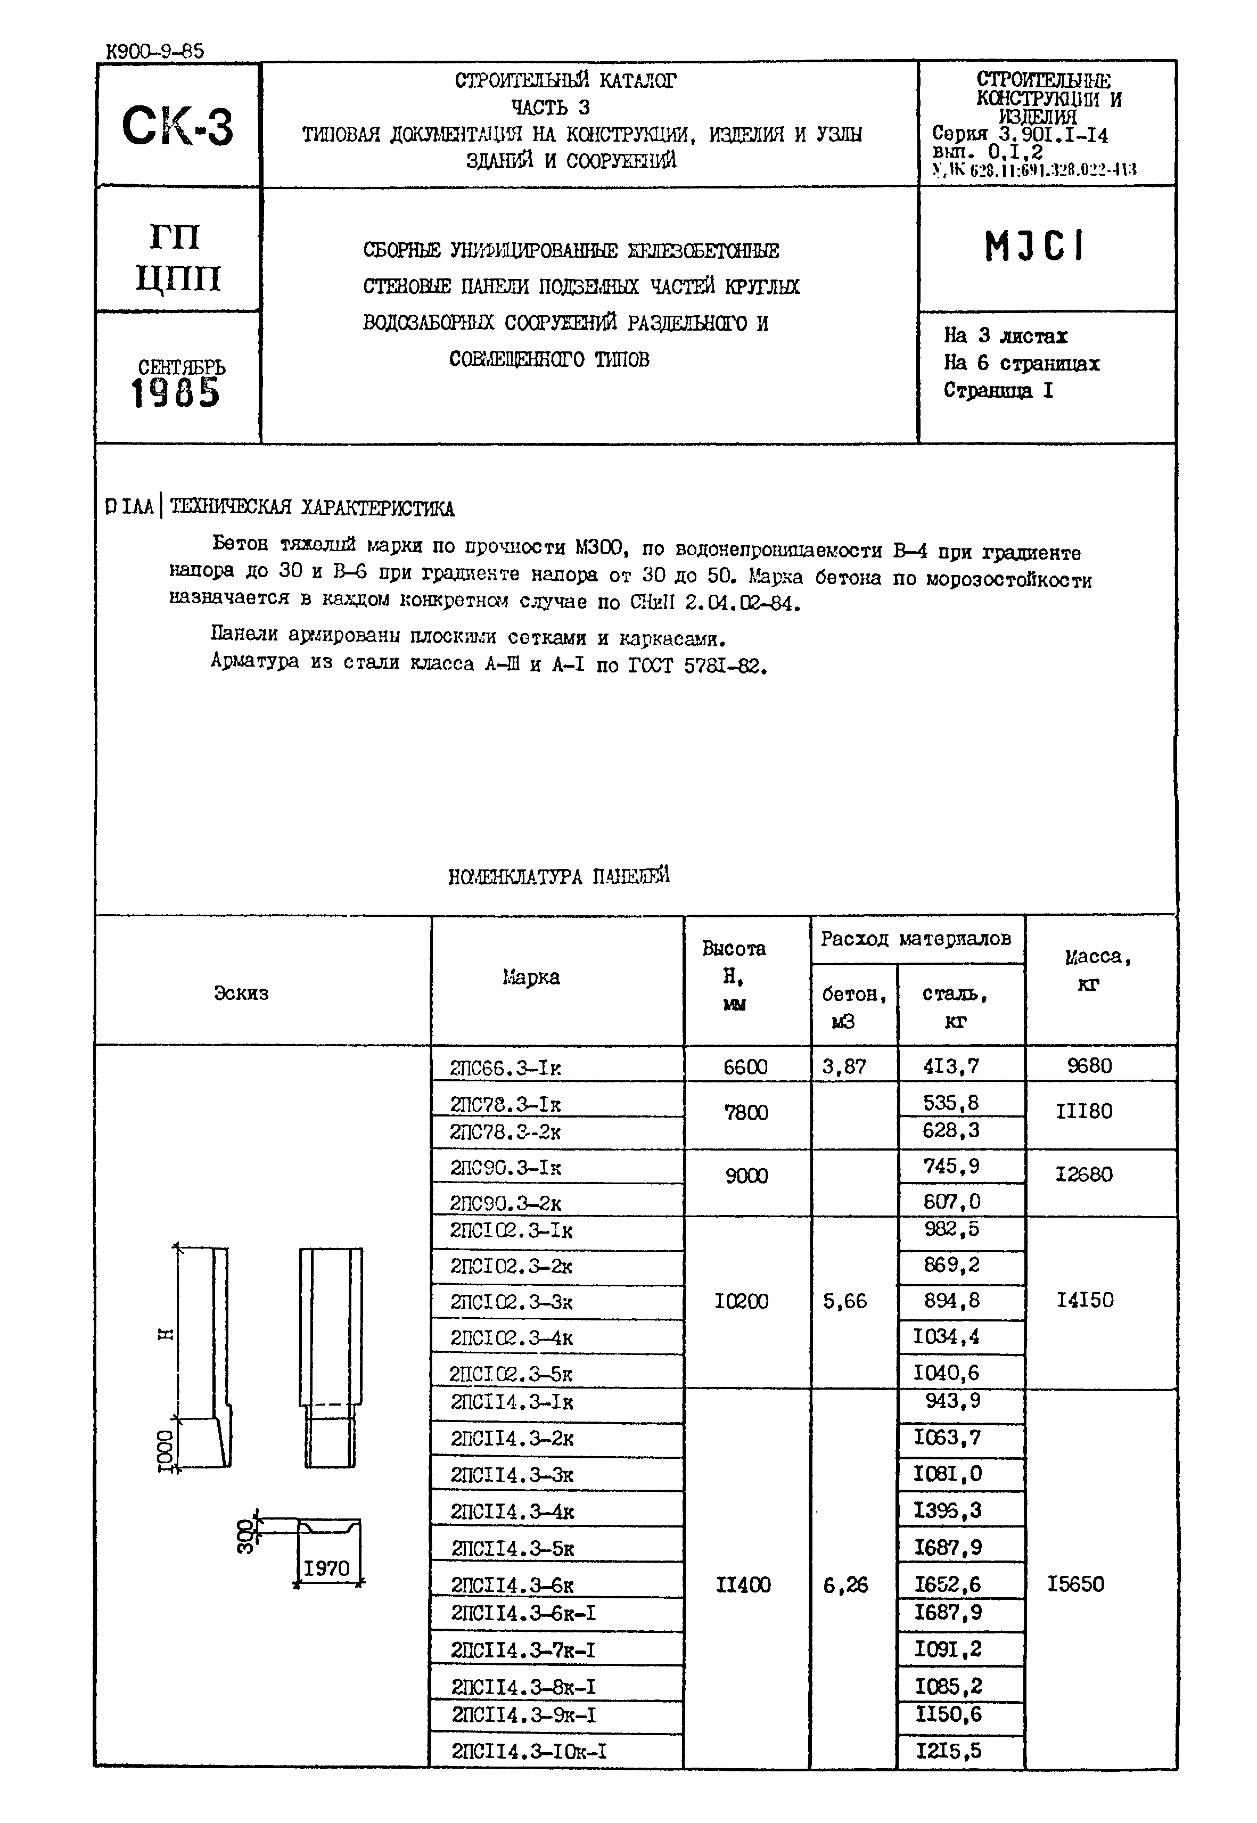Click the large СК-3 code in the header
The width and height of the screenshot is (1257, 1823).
tap(178, 127)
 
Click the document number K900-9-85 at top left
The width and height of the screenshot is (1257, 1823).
tap(154, 51)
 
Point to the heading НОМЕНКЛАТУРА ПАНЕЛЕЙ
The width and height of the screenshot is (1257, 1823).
tap(558, 876)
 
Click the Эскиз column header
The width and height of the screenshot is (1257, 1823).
tap(241, 993)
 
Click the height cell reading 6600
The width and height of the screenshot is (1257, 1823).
tap(745, 1067)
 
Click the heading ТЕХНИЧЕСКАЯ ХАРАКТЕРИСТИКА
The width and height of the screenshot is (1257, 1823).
tap(312, 508)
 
